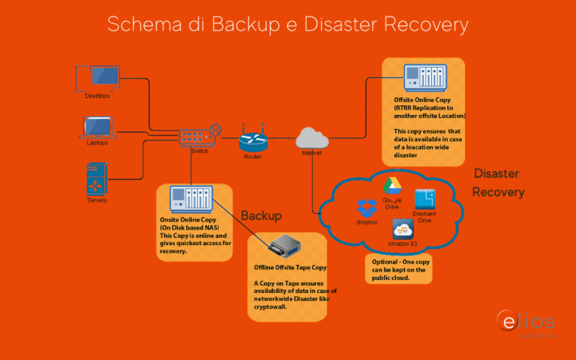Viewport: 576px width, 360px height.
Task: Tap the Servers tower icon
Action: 97,178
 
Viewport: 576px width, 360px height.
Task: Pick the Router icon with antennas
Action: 252,138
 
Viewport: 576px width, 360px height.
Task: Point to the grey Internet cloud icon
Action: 313,137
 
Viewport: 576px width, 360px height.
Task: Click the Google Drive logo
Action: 393,186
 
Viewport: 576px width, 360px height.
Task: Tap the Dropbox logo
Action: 367,208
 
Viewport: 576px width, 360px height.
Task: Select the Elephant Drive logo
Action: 425,199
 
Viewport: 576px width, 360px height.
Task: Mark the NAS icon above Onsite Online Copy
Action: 193,199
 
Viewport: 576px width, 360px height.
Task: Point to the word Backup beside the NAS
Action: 261,216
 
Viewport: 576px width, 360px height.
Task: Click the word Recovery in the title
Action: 426,24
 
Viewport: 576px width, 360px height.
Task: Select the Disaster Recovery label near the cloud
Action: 498,183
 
